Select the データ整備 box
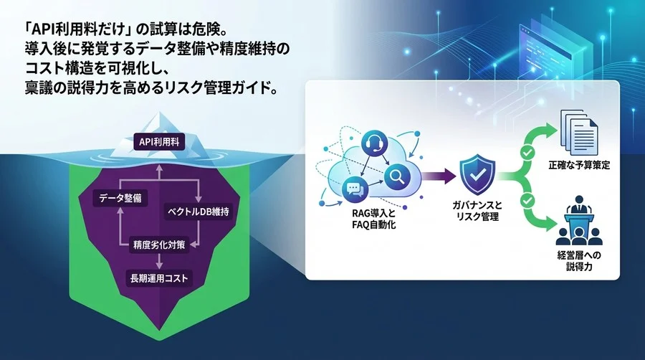coord(121,196)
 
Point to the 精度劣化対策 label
coord(158,245)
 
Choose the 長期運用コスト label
coord(160,278)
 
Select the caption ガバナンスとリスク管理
coord(474,212)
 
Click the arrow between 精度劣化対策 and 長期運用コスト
coord(158,261)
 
